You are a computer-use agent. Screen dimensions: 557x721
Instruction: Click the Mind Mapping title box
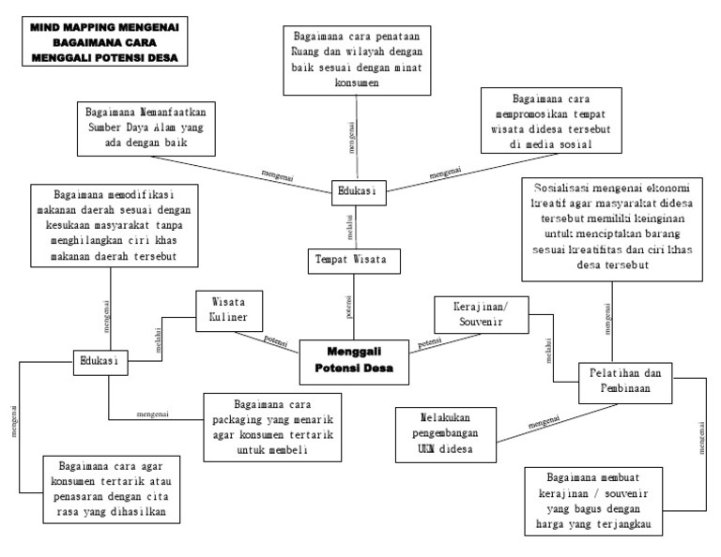[103, 43]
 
